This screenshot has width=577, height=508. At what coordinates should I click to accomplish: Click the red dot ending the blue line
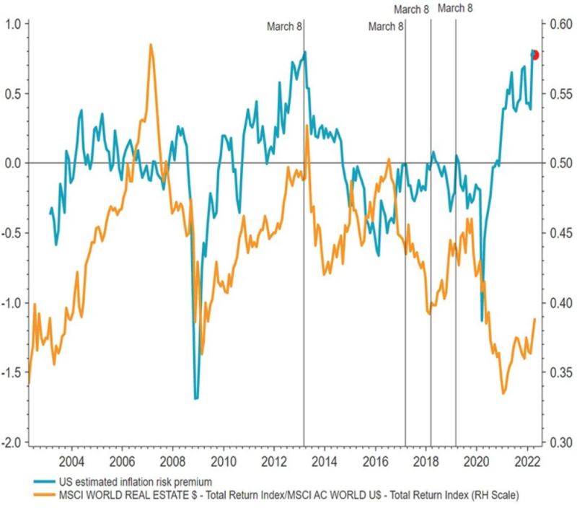534,55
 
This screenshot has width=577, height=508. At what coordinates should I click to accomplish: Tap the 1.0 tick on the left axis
14,24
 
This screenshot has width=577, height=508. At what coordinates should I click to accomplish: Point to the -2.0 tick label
12,442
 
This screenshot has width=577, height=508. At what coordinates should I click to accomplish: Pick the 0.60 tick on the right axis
560,24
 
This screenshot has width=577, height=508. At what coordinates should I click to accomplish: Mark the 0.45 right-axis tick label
560,233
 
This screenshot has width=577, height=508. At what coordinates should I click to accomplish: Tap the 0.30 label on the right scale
560,442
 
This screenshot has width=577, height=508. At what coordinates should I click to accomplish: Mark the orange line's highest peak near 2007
151,45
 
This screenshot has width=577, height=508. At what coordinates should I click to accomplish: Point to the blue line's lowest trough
195,398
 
